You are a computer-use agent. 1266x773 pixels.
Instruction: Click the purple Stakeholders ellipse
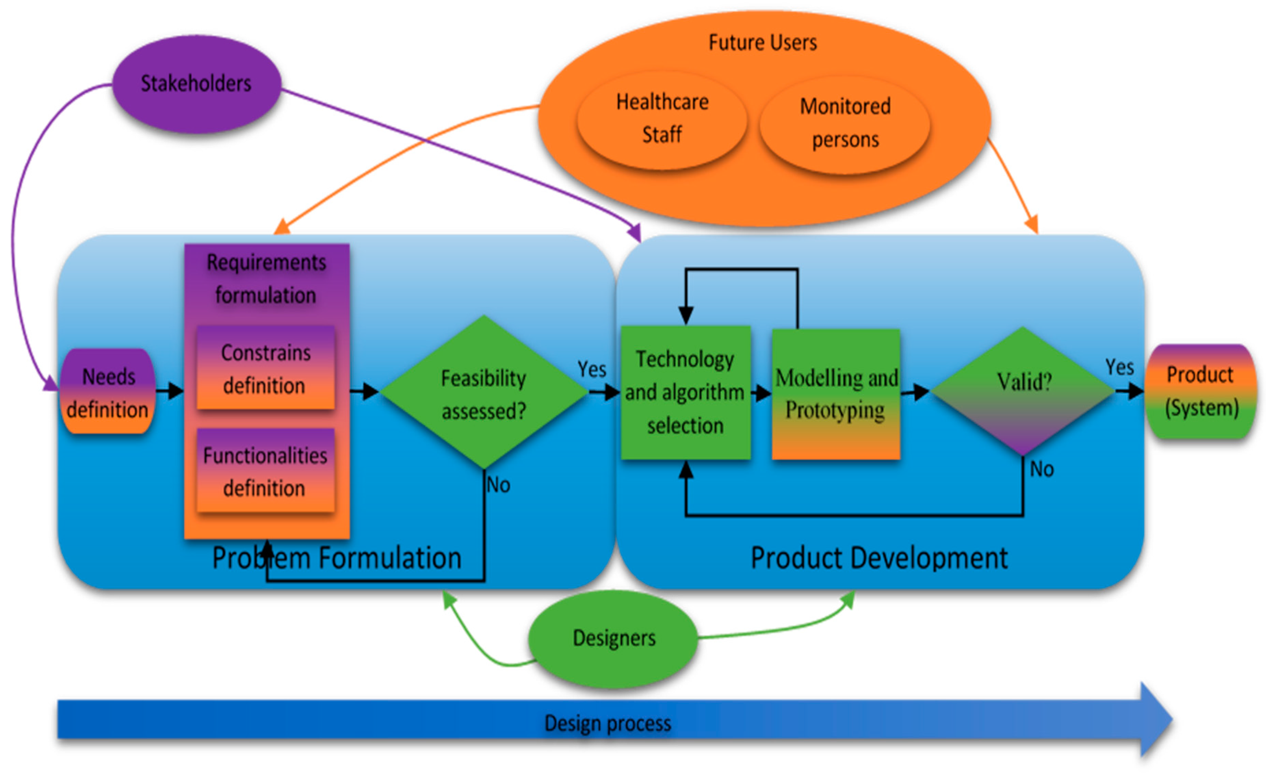196,84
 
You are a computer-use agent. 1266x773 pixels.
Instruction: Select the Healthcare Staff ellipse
662,119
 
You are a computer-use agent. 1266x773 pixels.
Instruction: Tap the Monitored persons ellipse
845,123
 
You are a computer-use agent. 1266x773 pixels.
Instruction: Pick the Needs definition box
108,393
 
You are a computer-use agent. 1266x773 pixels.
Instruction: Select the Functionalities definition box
266,471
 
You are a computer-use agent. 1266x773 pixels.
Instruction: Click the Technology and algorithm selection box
686,393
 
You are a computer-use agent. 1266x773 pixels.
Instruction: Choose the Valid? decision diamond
1023,390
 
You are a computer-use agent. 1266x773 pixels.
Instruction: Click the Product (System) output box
1201,392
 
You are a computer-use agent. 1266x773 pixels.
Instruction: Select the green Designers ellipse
613,638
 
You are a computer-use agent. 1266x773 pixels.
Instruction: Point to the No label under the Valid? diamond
1042,469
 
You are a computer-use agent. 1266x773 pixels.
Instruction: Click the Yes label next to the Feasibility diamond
591,369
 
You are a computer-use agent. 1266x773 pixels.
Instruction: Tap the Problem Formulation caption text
337,558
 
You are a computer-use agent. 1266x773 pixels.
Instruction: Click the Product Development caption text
879,558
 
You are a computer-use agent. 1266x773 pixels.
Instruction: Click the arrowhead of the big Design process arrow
1156,719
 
